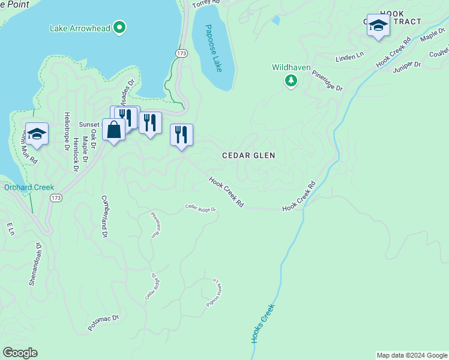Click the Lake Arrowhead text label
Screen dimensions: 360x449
click(x=80, y=27)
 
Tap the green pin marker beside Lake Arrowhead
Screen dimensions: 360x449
click(x=120, y=27)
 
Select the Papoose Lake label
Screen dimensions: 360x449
click(x=212, y=49)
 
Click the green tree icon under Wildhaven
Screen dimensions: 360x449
click(x=291, y=80)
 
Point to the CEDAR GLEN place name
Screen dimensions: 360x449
click(x=249, y=155)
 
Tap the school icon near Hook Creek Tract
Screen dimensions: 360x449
click(x=378, y=26)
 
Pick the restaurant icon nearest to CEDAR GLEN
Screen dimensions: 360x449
click(x=181, y=136)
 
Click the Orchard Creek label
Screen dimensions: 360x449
click(x=29, y=187)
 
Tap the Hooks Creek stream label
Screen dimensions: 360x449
click(x=262, y=324)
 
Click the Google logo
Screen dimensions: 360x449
click(x=20, y=353)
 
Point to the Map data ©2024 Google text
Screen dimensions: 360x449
click(x=411, y=355)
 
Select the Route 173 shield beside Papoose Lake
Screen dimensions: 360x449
click(x=181, y=54)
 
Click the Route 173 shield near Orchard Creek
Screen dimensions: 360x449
click(x=56, y=197)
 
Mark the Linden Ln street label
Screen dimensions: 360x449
click(x=350, y=56)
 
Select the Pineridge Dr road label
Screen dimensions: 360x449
click(x=327, y=83)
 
